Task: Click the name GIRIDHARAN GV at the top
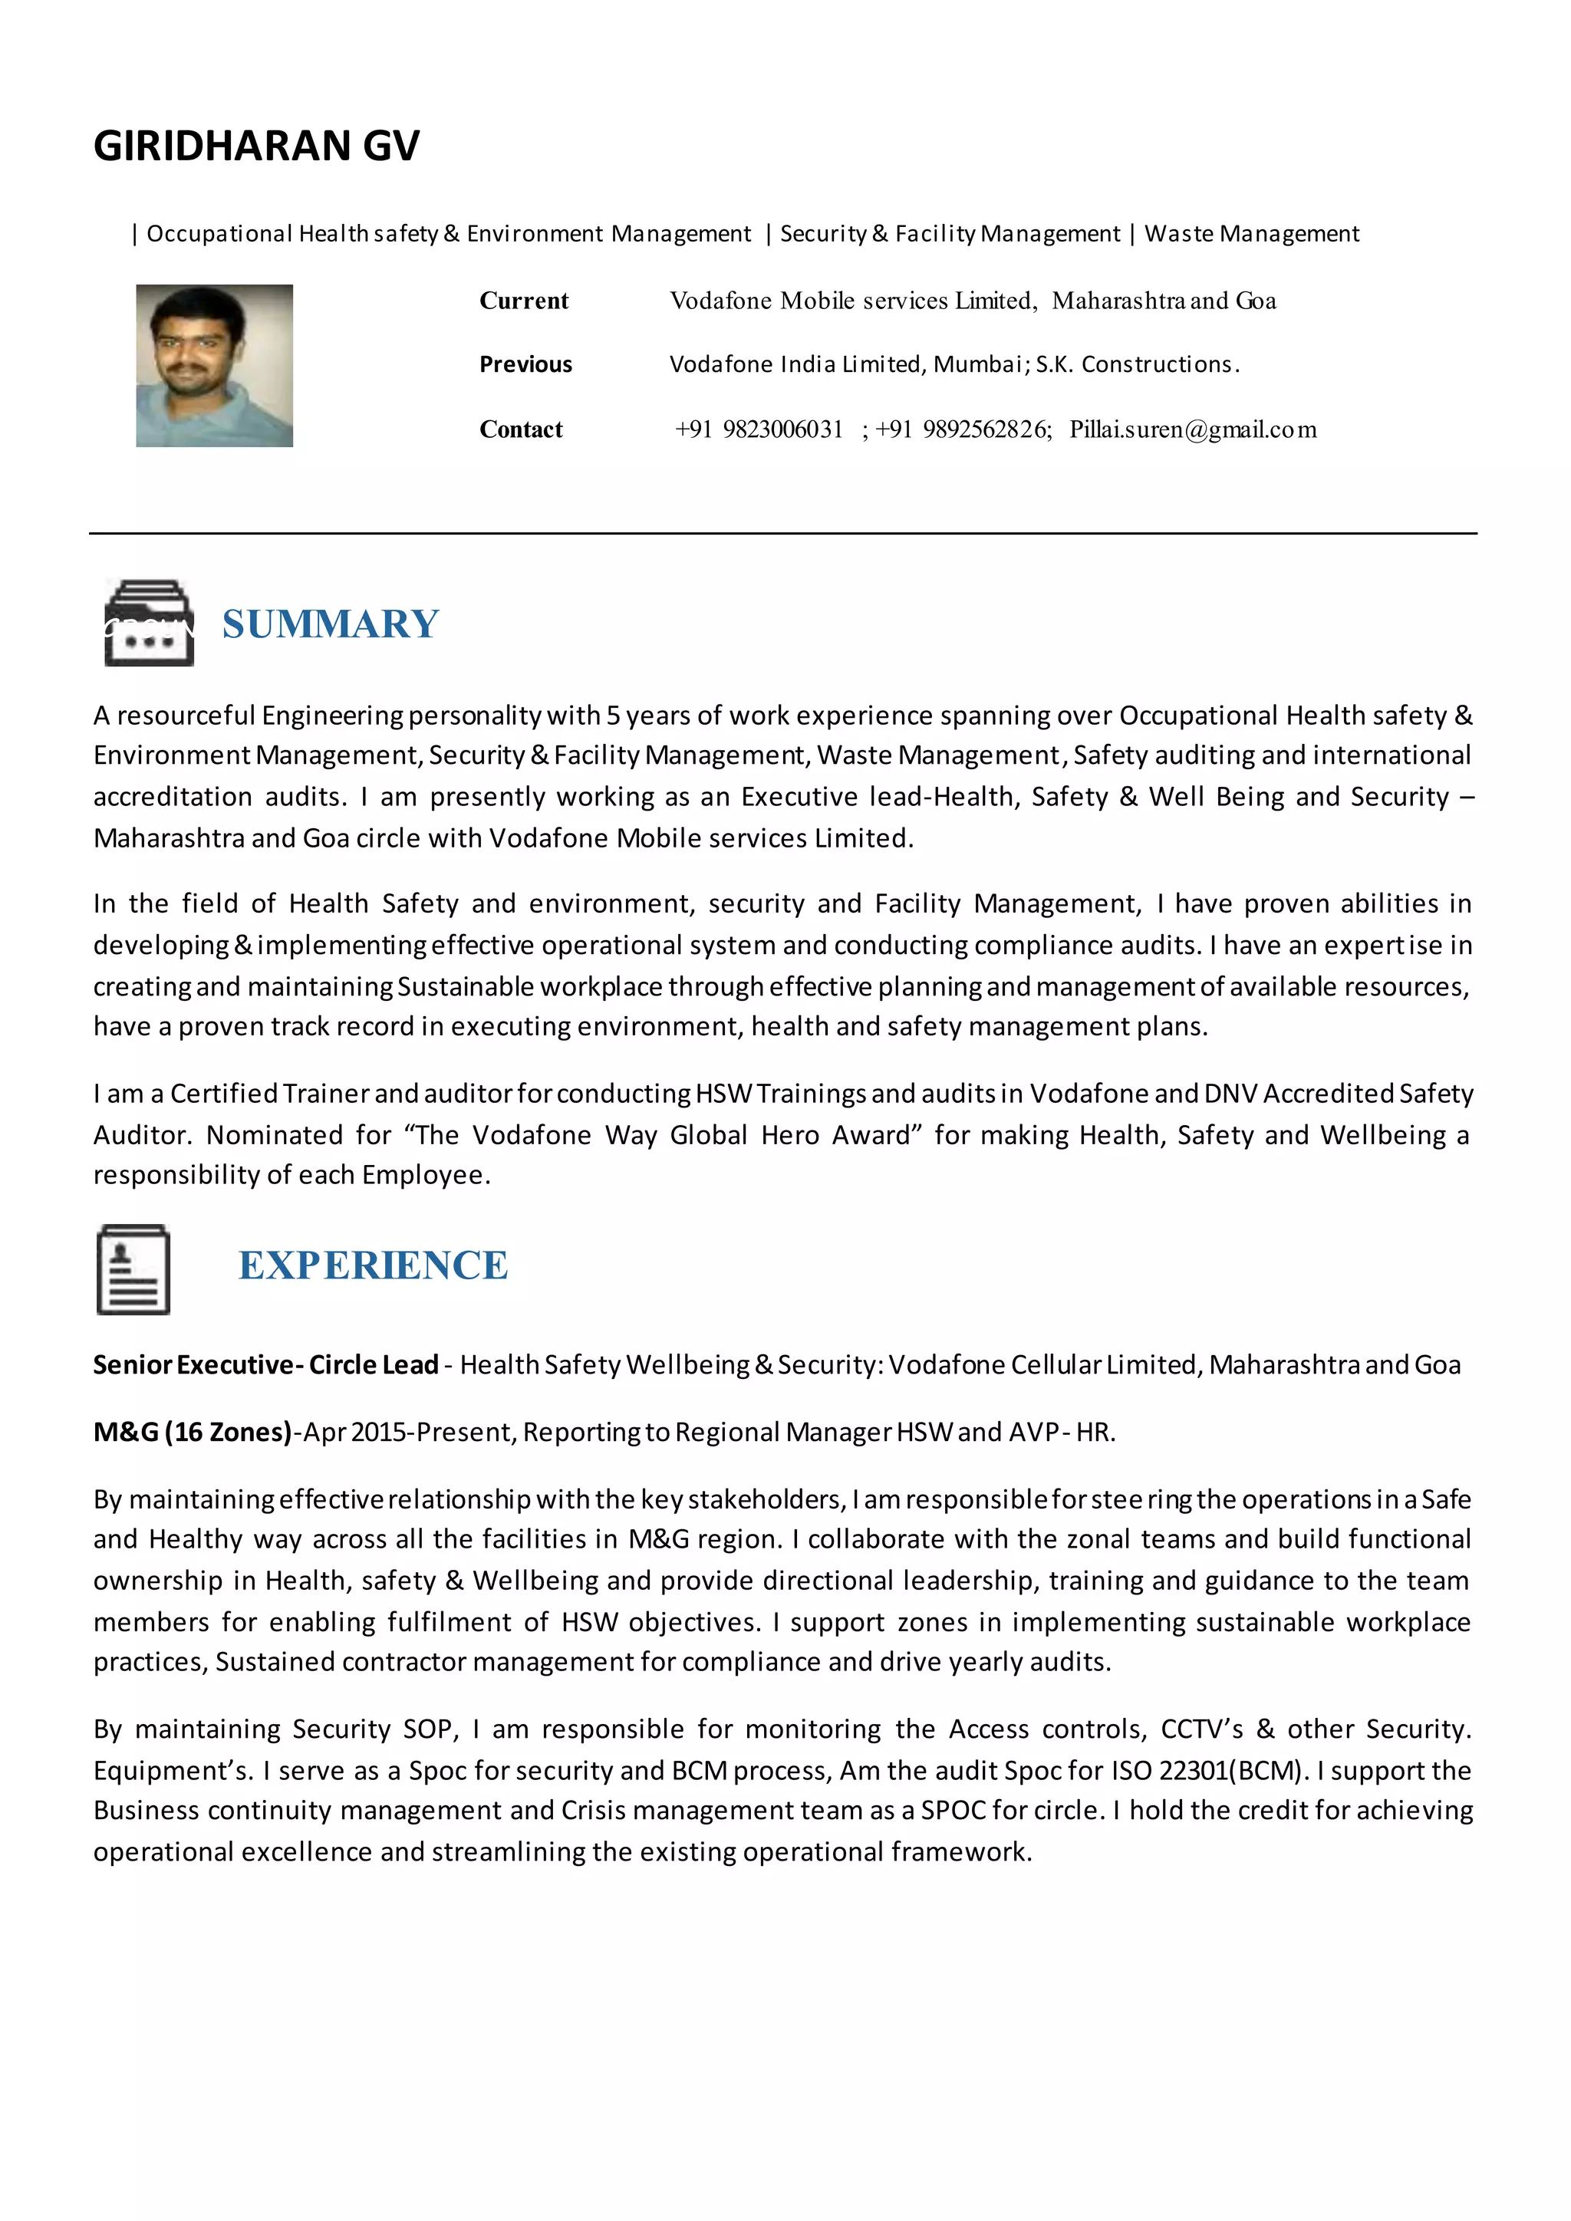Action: tap(256, 146)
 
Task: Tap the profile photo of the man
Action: tap(214, 365)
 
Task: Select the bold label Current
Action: tap(523, 301)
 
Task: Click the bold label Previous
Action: tap(525, 365)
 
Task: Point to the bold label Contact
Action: tap(520, 429)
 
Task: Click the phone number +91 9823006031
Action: tap(759, 429)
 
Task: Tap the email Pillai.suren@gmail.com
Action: tap(1193, 429)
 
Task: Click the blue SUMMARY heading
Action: tap(331, 624)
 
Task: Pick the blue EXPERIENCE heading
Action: tap(374, 1265)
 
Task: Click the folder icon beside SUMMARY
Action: tap(148, 623)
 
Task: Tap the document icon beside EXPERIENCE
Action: tap(133, 1269)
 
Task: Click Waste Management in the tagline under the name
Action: tap(1252, 234)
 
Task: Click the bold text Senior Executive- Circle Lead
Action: tap(266, 1365)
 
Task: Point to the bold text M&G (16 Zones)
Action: tap(193, 1432)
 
